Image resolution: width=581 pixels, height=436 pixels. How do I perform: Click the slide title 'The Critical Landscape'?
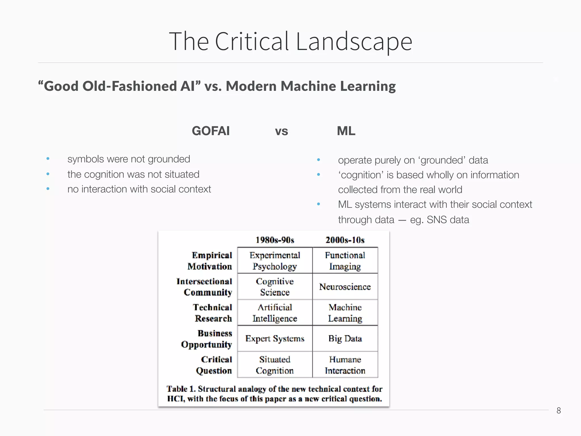[290, 41]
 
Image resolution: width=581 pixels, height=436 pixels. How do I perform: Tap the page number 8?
[558, 410]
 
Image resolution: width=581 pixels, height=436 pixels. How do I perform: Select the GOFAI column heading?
[211, 131]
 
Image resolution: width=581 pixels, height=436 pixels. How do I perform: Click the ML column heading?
[346, 131]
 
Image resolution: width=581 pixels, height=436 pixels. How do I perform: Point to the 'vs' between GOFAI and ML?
[281, 131]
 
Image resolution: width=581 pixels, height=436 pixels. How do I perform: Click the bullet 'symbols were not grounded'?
[129, 159]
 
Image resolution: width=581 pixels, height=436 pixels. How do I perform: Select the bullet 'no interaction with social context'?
[139, 189]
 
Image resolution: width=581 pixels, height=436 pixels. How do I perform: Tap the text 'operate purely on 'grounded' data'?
[413, 160]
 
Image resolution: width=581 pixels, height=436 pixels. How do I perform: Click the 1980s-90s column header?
[275, 240]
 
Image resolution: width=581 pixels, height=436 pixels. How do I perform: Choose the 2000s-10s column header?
[345, 240]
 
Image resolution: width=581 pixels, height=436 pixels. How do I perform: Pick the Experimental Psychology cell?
[275, 261]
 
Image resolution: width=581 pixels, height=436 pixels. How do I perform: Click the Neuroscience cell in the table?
[345, 287]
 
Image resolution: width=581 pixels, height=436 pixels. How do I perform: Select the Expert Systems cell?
[275, 339]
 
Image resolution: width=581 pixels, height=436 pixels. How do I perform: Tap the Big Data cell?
[345, 339]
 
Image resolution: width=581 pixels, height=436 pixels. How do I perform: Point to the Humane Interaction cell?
[345, 365]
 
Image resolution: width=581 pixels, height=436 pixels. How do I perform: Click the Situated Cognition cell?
[275, 365]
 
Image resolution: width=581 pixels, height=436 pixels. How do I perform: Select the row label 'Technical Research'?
[213, 313]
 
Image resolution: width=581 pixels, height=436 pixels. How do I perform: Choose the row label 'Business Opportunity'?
[207, 339]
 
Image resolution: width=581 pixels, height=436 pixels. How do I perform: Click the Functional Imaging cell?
[345, 261]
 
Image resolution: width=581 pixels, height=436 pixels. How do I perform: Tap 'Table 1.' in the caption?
[181, 389]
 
